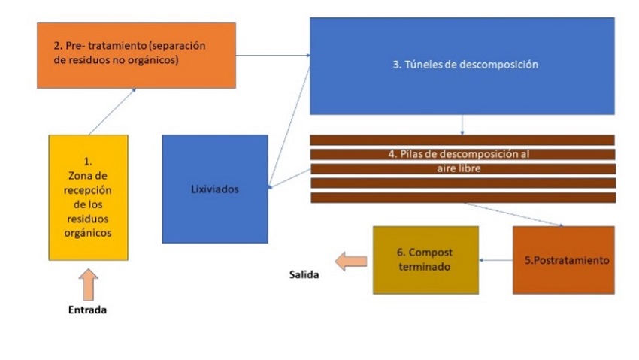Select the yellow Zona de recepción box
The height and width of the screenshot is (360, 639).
pyautogui.click(x=88, y=197)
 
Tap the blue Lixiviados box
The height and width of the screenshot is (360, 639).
pyautogui.click(x=215, y=189)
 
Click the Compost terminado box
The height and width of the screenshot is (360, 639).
pyautogui.click(x=425, y=259)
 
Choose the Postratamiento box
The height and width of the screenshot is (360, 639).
pyautogui.click(x=563, y=259)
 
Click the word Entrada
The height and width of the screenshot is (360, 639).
pyautogui.click(x=88, y=310)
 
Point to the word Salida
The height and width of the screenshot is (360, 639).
pyautogui.click(x=304, y=275)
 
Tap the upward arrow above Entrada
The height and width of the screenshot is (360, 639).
pyautogui.click(x=88, y=283)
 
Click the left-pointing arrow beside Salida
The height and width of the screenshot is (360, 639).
pyautogui.click(x=351, y=261)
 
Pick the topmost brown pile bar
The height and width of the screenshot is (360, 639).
pyautogui.click(x=463, y=140)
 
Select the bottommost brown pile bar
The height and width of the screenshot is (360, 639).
pyautogui.click(x=463, y=198)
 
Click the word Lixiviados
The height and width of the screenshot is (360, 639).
pyautogui.click(x=215, y=189)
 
